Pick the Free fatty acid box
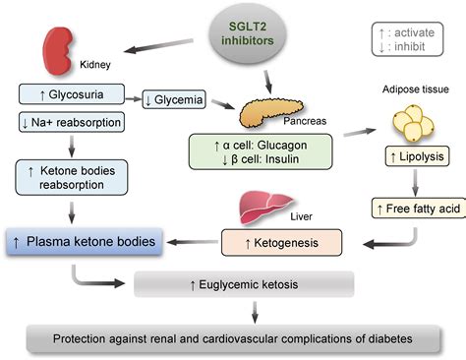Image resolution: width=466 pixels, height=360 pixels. [x=413, y=209]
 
